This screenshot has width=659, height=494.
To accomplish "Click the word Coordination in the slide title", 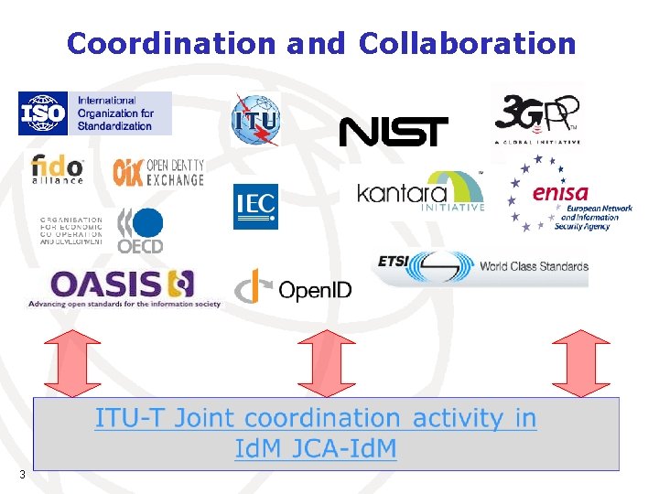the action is (171, 43).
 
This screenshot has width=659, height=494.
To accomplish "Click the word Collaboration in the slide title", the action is (467, 43).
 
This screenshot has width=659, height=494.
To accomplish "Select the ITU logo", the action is (255, 119).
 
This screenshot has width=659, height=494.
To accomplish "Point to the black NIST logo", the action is (394, 132).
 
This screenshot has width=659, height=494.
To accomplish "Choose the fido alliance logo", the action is (58, 169).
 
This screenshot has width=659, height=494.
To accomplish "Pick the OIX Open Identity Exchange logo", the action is (158, 171).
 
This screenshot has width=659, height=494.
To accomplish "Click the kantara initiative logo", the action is (420, 192).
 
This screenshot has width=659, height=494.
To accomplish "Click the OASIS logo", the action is (123, 286).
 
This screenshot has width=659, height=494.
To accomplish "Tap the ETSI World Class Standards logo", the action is (482, 266).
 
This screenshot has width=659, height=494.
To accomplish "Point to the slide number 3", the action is (22, 474).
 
